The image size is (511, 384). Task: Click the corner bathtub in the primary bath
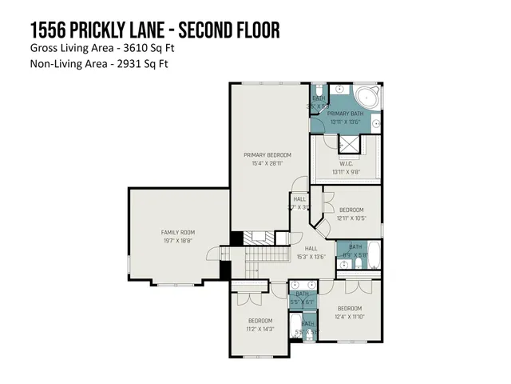[370, 98]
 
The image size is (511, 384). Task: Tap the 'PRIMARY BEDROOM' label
[267, 154]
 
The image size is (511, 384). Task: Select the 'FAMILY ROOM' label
[177, 233]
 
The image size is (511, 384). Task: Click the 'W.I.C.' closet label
[347, 162]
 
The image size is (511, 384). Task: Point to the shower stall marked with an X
[348, 144]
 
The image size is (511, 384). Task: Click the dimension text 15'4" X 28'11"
[267, 162]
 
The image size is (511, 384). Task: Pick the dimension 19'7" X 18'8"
[177, 240]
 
